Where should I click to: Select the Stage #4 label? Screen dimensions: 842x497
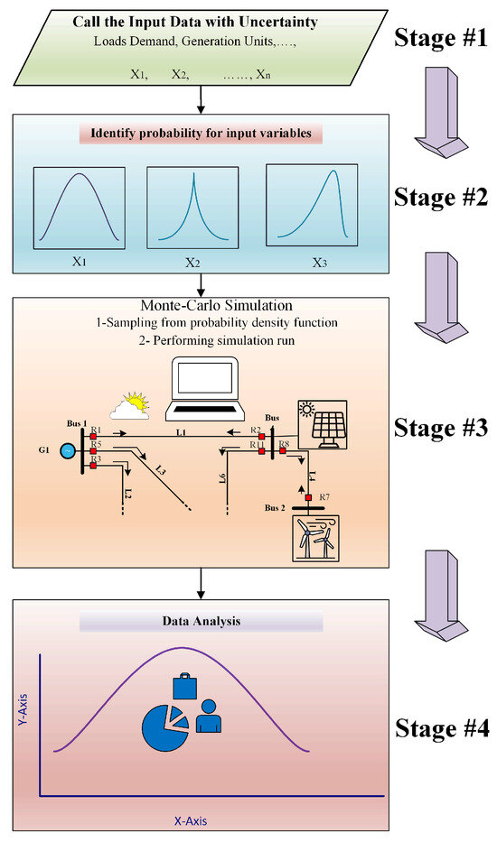pyautogui.click(x=440, y=725)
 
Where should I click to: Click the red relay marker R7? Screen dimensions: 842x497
pyautogui.click(x=308, y=497)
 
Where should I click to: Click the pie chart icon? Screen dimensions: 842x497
pyautogui.click(x=164, y=725)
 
